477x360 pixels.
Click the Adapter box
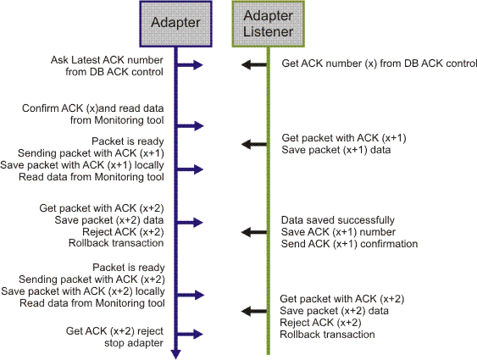(x=175, y=23)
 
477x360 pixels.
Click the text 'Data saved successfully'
(x=337, y=220)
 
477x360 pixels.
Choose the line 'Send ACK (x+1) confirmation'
(x=349, y=243)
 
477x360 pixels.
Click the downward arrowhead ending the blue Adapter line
(x=175, y=353)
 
